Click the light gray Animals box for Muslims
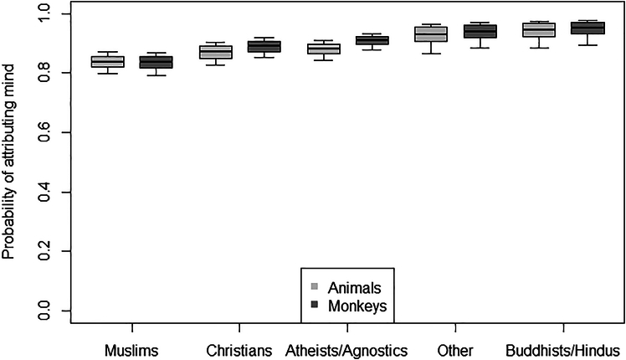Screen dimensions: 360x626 click(x=108, y=62)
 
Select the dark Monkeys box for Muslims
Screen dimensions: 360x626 click(x=156, y=62)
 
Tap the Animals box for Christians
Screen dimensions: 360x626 click(x=216, y=52)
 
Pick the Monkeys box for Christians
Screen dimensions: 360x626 click(x=264, y=47)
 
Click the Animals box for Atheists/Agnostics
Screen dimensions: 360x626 click(x=324, y=49)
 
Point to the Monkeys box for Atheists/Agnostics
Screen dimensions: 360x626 click(x=372, y=40)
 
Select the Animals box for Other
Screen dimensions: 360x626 click(x=431, y=34)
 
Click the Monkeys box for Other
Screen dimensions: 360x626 click(x=480, y=32)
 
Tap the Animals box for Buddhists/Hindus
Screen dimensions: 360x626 click(x=539, y=30)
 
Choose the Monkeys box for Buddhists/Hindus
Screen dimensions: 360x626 click(x=588, y=28)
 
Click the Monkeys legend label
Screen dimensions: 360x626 click(x=357, y=306)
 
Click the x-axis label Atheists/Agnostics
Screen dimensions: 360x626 click(x=346, y=347)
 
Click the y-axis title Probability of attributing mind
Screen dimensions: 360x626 click(x=11, y=164)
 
